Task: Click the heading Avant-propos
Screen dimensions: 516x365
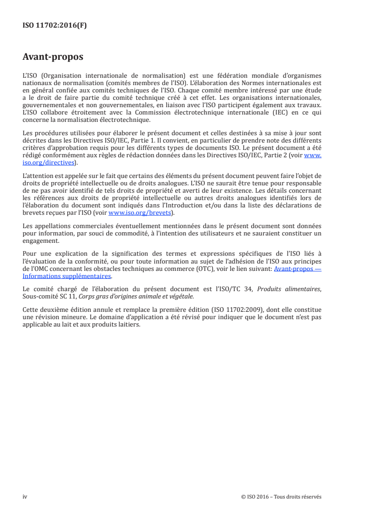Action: point(53,57)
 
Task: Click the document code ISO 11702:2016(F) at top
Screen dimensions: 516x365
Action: point(54,26)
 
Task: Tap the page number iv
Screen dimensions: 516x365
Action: point(25,497)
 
